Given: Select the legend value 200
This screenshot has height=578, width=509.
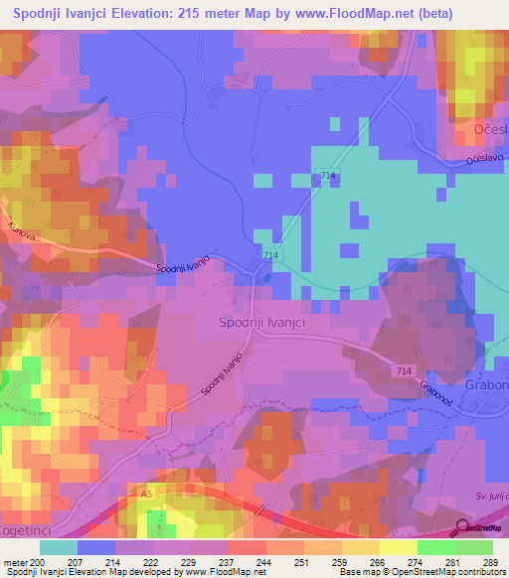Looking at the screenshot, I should coord(38,561).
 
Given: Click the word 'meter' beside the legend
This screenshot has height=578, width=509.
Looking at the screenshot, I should coord(15,561).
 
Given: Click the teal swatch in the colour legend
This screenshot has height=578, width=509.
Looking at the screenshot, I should coord(59,547).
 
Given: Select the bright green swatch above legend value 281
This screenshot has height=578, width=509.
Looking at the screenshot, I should coord(435,547).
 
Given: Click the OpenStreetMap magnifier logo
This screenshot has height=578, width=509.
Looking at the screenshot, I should coord(459,527).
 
